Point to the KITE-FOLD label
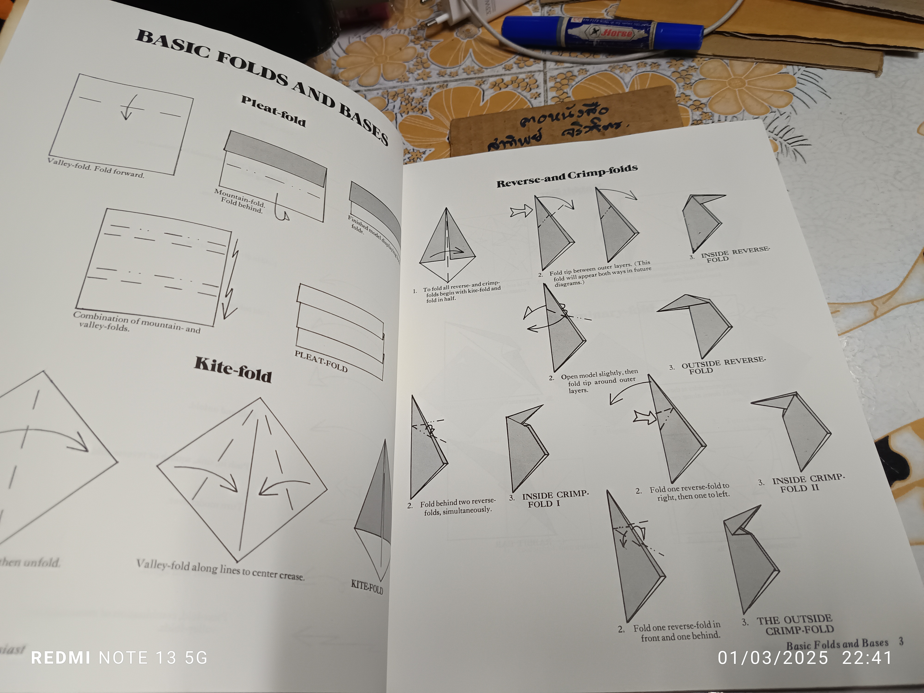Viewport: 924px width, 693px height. (367, 587)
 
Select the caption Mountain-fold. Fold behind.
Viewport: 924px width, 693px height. (240, 201)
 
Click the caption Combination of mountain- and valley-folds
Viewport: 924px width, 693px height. (136, 322)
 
